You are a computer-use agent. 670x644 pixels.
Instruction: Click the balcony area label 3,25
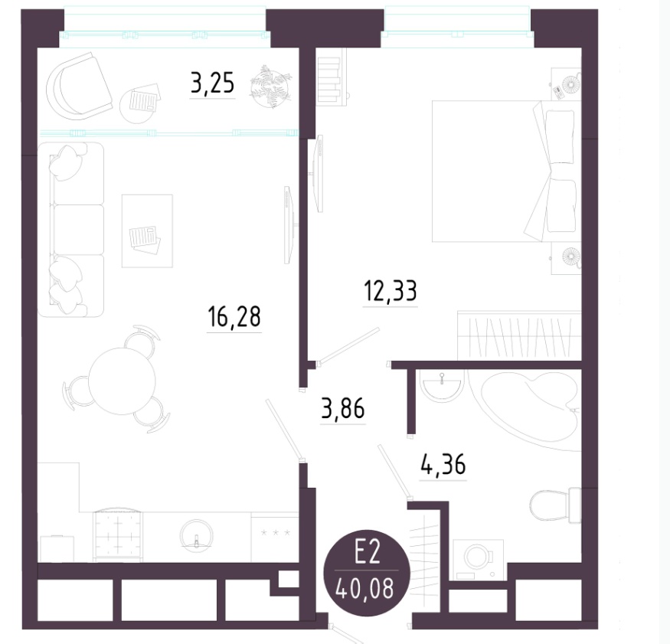point(212,83)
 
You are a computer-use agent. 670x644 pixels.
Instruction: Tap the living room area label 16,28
point(234,317)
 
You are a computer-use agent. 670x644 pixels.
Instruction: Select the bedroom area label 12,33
point(390,291)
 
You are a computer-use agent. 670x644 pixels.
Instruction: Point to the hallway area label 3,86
point(343,408)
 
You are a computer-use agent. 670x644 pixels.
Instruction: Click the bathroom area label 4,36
point(443,465)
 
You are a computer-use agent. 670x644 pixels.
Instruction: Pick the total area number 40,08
point(364,590)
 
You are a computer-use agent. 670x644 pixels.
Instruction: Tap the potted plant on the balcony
point(271,87)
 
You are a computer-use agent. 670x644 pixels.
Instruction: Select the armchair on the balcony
point(80,83)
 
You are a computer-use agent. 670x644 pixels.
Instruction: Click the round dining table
point(123,381)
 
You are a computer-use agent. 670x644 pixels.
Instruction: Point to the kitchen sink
point(196,535)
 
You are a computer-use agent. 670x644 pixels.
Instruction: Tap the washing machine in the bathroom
point(478,560)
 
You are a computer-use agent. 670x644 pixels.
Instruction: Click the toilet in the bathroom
point(555,505)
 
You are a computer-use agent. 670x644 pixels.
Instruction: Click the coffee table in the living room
point(148,231)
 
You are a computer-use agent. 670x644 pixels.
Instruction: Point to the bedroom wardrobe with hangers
point(519,335)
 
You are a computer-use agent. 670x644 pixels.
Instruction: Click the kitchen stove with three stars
point(275,537)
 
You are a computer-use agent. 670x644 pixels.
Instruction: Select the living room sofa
point(71,230)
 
